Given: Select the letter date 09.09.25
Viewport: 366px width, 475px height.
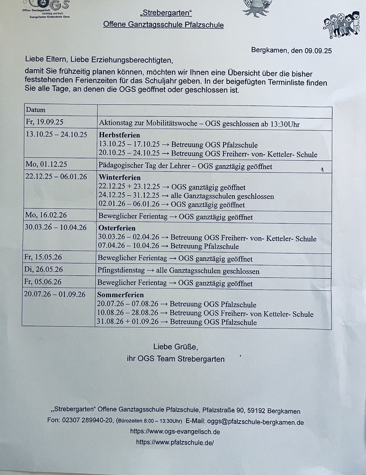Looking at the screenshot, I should click(318, 51).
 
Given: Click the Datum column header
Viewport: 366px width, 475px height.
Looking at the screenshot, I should click(36, 110).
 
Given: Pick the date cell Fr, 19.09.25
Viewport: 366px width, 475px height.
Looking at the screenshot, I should click(44, 122).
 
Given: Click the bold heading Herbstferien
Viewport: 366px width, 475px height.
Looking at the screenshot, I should click(120, 135).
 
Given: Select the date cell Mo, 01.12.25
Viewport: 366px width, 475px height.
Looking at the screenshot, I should click(46, 164).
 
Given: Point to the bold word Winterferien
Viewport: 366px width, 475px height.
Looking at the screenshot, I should click(120, 177).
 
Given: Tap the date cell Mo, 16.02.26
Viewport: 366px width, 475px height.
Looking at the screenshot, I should click(46, 216).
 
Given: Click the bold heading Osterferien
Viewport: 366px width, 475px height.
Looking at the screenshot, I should click(117, 228).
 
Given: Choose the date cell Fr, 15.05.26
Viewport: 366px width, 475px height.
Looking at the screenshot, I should click(44, 257).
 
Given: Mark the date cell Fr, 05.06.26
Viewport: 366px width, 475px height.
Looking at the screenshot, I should click(44, 282).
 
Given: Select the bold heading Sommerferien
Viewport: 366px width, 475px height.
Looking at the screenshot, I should click(121, 295).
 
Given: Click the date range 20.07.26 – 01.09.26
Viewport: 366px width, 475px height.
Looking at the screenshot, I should click(55, 294).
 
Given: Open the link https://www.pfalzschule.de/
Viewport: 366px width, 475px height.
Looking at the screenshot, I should click(175, 442).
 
